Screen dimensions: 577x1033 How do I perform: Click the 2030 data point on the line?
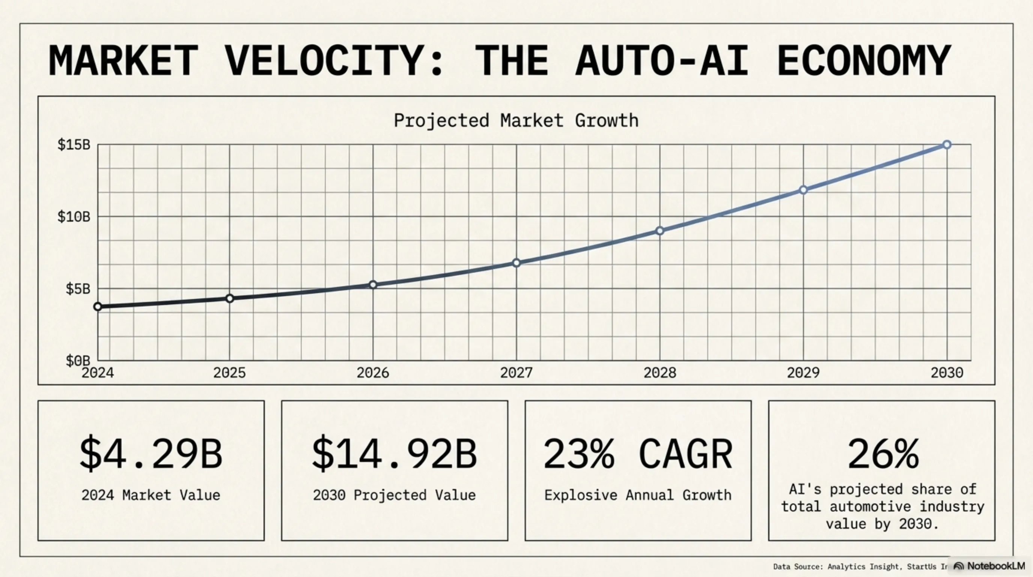click(947, 145)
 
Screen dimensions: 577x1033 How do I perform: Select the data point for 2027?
click(516, 263)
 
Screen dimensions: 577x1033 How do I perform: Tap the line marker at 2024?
click(98, 307)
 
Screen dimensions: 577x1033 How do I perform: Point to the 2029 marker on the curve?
click(803, 190)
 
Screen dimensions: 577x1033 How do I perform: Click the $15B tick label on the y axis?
click(74, 145)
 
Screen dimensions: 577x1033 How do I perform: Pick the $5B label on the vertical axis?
click(78, 288)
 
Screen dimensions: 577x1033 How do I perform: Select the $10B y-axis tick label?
click(74, 217)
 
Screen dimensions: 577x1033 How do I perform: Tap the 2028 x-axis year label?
click(660, 373)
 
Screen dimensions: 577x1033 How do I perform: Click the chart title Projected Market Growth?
click(516, 120)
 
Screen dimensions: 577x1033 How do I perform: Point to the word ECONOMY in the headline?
click(864, 60)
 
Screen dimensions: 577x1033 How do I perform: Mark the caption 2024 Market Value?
click(151, 495)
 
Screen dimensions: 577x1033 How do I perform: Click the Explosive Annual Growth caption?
click(638, 495)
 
